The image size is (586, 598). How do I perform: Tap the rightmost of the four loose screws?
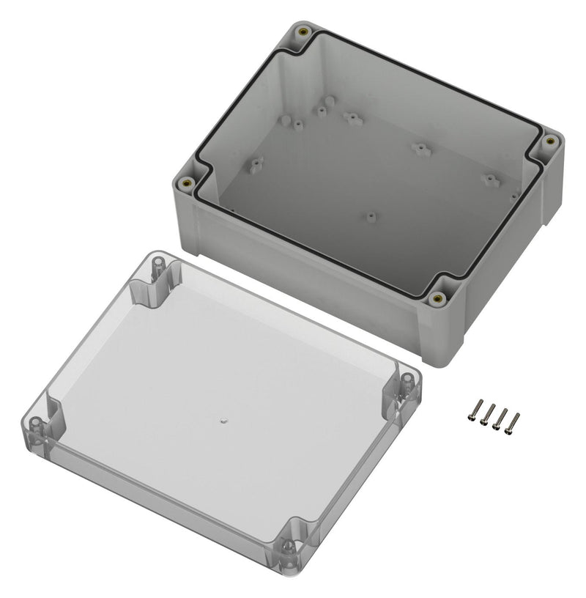[513, 423]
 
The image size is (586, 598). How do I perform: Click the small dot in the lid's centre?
[224, 421]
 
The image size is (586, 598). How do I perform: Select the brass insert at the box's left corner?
[186, 182]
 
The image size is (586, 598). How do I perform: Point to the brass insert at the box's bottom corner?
[438, 298]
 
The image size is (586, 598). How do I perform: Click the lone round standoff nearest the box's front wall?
[371, 217]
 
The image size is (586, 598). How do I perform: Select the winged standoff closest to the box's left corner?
[256, 164]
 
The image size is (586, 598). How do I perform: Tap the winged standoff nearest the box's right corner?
[489, 178]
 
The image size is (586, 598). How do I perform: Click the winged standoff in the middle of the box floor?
[419, 149]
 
